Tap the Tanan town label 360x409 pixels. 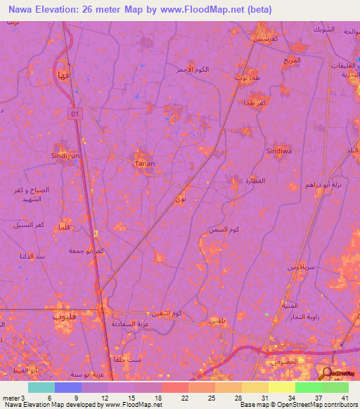pyautogui.click(x=144, y=164)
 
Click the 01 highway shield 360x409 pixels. pyautogui.click(x=75, y=112)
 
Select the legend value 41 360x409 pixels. pyautogui.click(x=344, y=397)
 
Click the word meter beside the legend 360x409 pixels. pyautogui.click(x=10, y=397)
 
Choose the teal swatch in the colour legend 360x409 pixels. pyautogui.click(x=41, y=387)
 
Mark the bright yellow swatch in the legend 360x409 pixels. pyautogui.click(x=281, y=387)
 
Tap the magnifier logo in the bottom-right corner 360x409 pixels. pyautogui.click(x=327, y=375)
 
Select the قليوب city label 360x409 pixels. pyautogui.click(x=62, y=316)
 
